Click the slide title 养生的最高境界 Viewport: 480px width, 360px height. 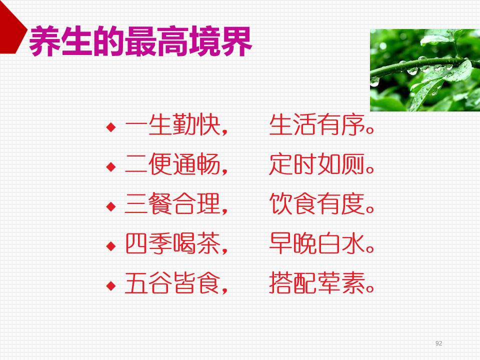[x=140, y=41]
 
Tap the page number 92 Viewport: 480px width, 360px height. [x=438, y=343]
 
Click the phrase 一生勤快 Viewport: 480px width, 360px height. [x=173, y=124]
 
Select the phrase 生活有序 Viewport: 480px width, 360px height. [x=317, y=124]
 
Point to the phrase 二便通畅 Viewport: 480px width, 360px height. [x=173, y=164]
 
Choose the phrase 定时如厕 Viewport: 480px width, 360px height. [x=317, y=164]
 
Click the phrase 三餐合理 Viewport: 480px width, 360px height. [x=173, y=203]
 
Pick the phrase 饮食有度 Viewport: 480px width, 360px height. [x=317, y=203]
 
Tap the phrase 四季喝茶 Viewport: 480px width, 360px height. [x=173, y=243]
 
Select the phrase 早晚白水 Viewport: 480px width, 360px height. [x=317, y=243]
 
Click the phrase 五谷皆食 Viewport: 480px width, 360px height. [x=173, y=283]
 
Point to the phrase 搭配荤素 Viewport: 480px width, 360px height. [x=317, y=283]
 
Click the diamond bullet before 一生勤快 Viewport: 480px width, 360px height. [x=111, y=126]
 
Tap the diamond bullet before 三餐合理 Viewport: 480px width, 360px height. [x=111, y=206]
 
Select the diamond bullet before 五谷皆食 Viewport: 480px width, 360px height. [x=111, y=286]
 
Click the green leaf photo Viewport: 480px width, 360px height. [x=425, y=70]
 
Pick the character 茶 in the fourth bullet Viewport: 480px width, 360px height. [x=209, y=243]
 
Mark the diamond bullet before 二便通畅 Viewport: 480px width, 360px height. [x=111, y=167]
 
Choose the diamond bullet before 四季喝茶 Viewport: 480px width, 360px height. [x=111, y=246]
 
